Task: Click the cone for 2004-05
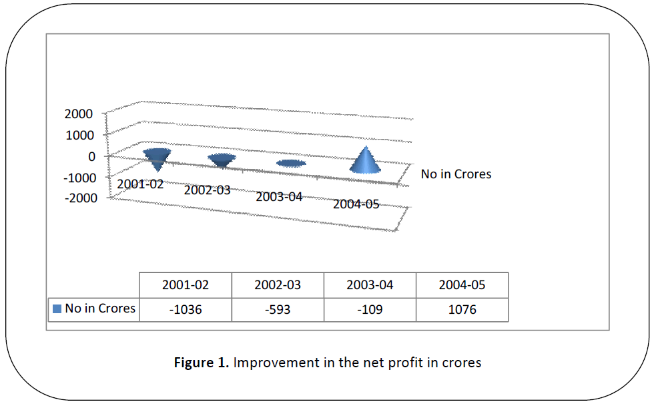pyautogui.click(x=366, y=162)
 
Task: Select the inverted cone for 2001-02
pyautogui.click(x=156, y=158)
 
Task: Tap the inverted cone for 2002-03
pyautogui.click(x=222, y=160)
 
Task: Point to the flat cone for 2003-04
pyautogui.click(x=292, y=164)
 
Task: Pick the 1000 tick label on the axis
pyautogui.click(x=79, y=134)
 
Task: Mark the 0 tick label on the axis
pyautogui.click(x=91, y=156)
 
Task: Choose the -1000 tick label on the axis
pyautogui.click(x=77, y=177)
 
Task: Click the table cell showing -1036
pyautogui.click(x=185, y=310)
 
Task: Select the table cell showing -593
pyautogui.click(x=277, y=310)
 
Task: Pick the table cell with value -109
pyautogui.click(x=370, y=310)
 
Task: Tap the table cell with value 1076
pyautogui.click(x=462, y=310)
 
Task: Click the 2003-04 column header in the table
pyautogui.click(x=370, y=285)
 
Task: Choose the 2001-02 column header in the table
pyautogui.click(x=185, y=285)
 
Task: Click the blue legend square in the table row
pyautogui.click(x=57, y=309)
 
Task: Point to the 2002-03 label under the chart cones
pyautogui.click(x=207, y=190)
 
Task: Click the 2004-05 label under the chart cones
pyautogui.click(x=356, y=204)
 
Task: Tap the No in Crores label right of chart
pyautogui.click(x=456, y=174)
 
